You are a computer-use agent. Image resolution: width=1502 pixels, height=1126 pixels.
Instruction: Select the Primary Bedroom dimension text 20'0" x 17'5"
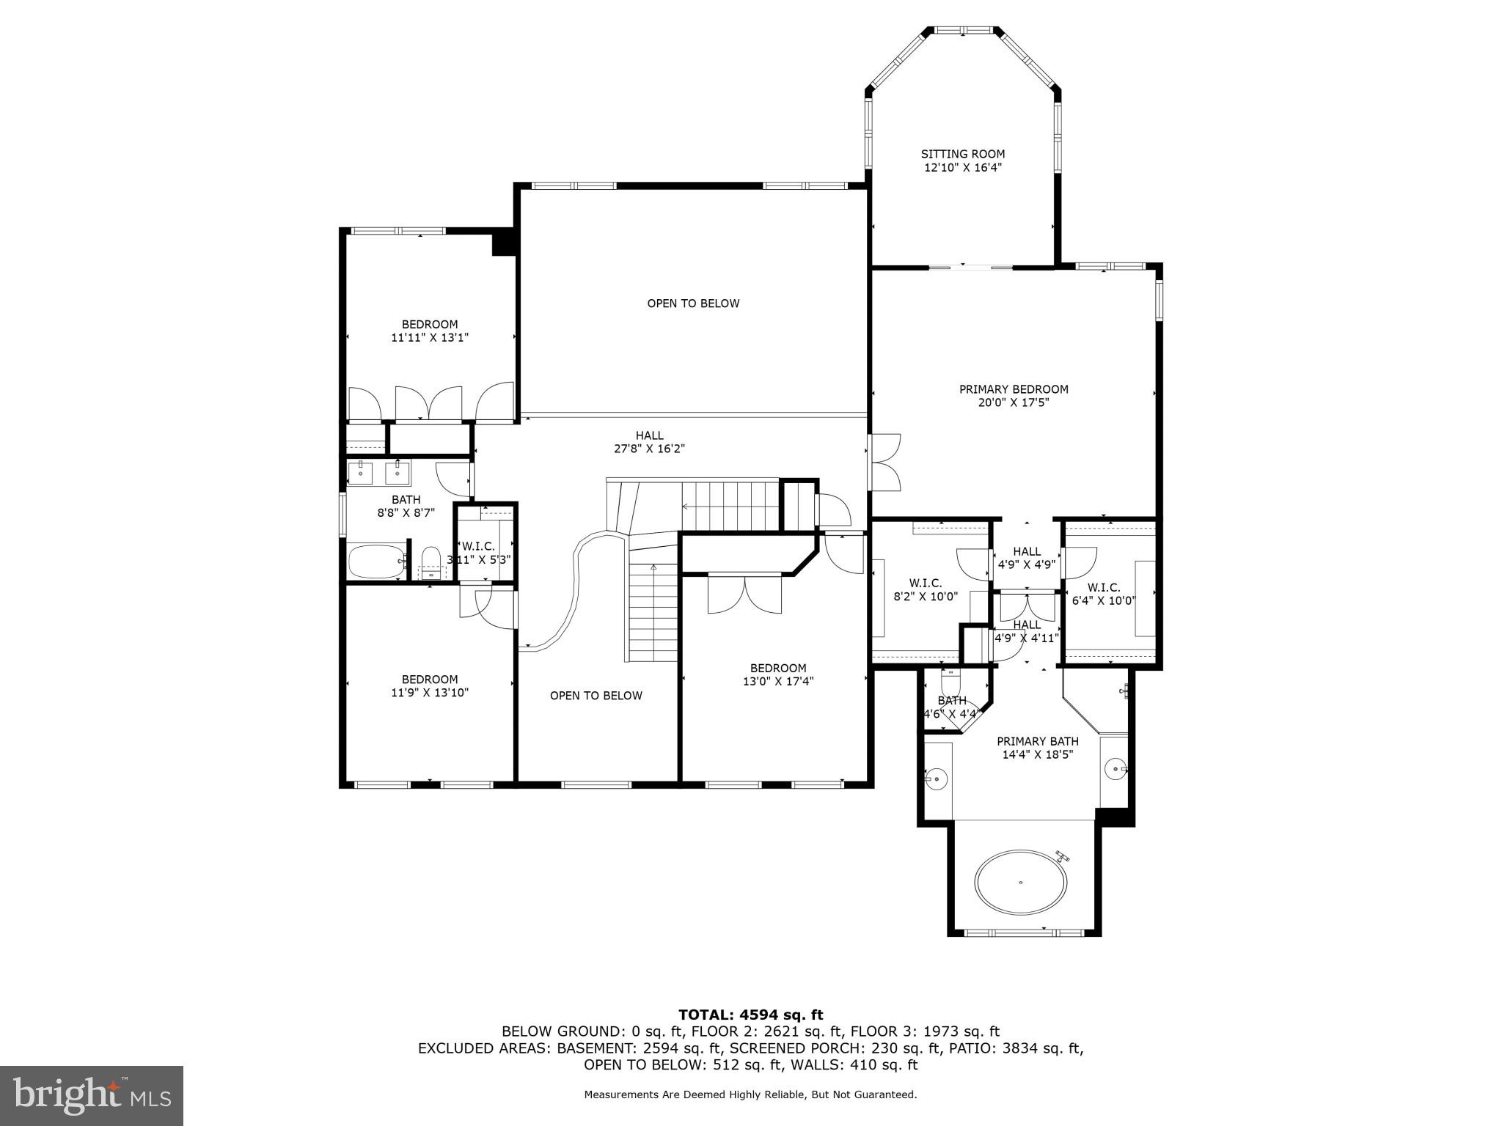pos(1014,402)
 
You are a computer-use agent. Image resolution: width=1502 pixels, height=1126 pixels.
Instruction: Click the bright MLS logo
pos(91,1095)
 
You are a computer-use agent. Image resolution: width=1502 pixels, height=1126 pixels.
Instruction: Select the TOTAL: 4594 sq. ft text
pos(750,1015)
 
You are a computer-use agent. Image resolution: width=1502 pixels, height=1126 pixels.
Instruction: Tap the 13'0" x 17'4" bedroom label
pos(777,674)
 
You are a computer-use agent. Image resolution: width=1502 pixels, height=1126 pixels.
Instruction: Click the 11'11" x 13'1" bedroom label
pos(429,331)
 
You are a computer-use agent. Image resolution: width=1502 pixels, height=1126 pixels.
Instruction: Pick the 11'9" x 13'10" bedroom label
pos(429,685)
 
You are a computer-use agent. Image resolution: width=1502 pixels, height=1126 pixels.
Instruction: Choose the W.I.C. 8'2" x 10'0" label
pos(925,589)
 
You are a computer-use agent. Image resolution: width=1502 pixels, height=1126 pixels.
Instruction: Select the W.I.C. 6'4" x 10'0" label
pos(1103,594)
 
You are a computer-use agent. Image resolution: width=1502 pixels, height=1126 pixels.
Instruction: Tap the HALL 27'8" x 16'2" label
pos(649,442)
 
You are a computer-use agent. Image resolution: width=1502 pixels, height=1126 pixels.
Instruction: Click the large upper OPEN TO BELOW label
pos(693,303)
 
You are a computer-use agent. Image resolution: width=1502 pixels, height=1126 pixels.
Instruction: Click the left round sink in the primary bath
pos(937,778)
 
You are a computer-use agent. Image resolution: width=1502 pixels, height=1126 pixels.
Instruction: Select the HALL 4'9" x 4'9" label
pos(1026,558)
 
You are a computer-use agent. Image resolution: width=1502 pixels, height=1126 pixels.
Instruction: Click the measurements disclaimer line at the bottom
pos(750,1094)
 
